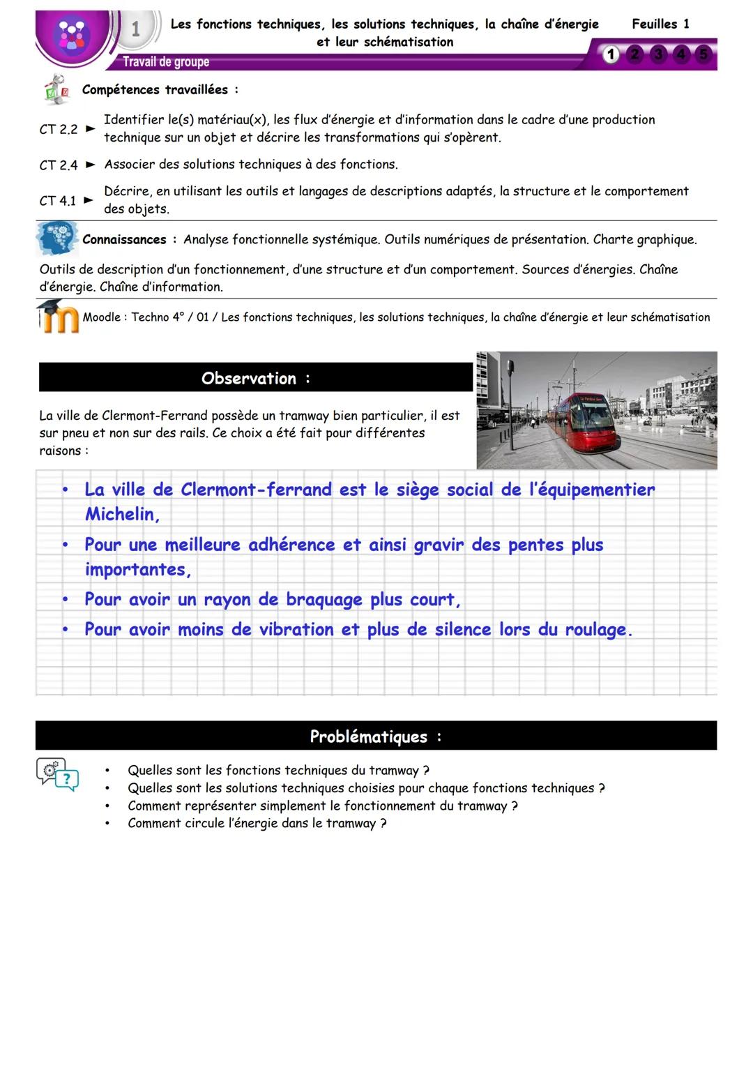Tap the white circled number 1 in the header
(611, 54)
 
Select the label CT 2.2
(59, 129)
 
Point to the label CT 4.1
(58, 201)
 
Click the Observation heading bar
(256, 378)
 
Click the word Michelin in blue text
(121, 515)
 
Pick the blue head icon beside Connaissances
(57, 239)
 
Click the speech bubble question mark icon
(58, 775)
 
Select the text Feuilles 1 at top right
(660, 24)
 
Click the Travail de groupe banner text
(166, 62)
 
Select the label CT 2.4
(59, 165)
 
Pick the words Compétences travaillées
(155, 90)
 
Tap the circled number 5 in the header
(703, 54)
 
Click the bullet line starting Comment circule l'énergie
(257, 824)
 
